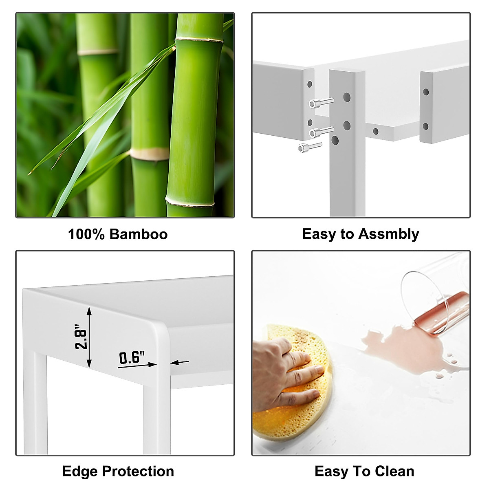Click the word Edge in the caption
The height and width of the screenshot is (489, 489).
click(80, 471)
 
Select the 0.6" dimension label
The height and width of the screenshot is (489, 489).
click(132, 358)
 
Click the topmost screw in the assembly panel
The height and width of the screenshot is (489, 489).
click(321, 102)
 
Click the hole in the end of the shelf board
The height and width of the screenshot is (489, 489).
click(376, 132)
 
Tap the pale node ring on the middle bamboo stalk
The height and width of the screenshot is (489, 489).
click(149, 154)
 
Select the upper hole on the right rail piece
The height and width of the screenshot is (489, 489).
click(426, 92)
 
